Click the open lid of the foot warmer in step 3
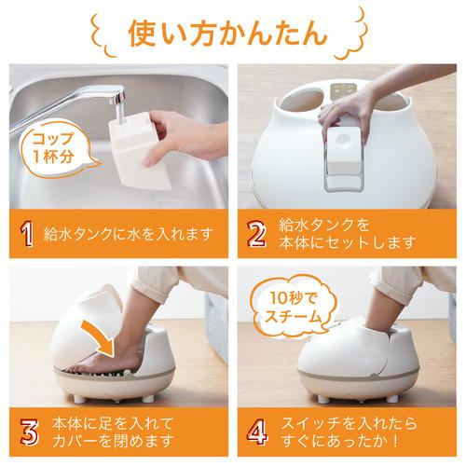[89, 322]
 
